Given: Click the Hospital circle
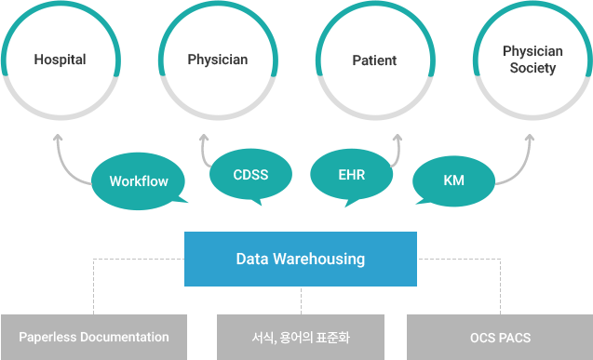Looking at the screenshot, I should click(60, 60).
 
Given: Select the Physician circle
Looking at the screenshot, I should click(218, 60).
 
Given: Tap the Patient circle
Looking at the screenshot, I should click(374, 60).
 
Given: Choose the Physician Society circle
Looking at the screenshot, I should click(532, 60).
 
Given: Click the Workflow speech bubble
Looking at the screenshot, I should click(139, 181).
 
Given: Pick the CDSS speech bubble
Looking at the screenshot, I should click(250, 174).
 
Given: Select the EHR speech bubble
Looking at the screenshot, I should click(352, 174).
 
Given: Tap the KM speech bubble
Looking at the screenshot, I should click(453, 180).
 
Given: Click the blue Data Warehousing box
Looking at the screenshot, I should click(300, 259).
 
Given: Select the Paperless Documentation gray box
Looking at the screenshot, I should click(94, 337).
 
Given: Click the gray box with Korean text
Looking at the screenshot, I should click(300, 337).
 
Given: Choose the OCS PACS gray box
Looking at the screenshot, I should click(500, 337).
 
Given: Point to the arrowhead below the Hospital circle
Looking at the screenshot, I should click(59, 138).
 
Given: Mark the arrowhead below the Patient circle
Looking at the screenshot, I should click(397, 138).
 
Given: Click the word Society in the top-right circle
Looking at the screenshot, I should click(532, 68).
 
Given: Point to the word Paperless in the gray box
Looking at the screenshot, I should click(47, 337).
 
